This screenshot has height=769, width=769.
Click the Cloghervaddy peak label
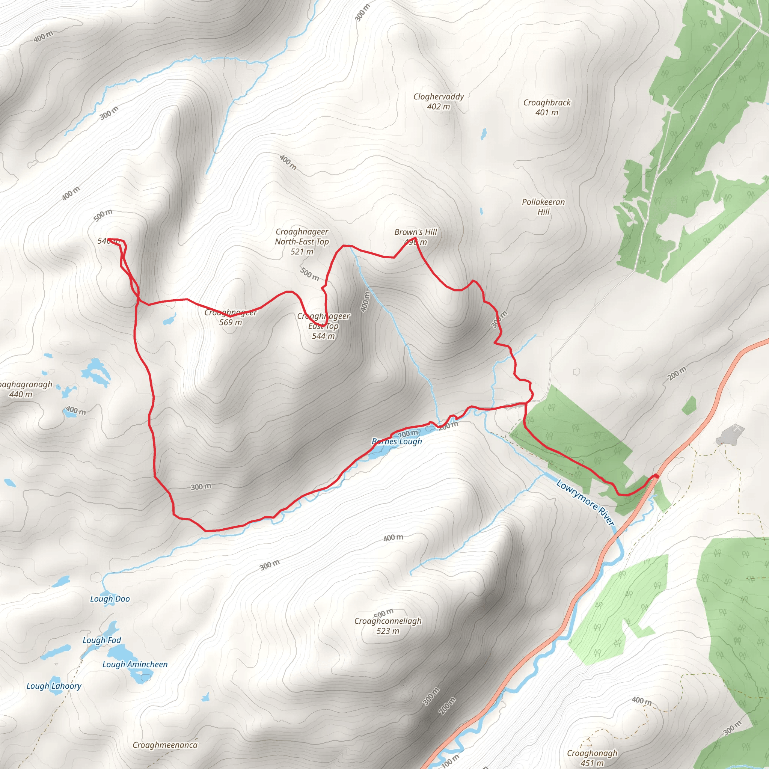click(x=438, y=97)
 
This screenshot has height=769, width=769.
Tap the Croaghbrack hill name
click(x=546, y=103)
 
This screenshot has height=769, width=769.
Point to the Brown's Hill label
click(x=415, y=232)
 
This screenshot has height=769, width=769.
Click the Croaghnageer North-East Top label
click(x=302, y=241)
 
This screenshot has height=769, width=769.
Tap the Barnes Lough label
click(x=397, y=442)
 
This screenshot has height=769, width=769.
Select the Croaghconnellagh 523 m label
click(x=388, y=626)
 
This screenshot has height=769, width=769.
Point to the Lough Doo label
click(x=110, y=599)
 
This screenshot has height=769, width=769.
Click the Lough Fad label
click(x=101, y=641)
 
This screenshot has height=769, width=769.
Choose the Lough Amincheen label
click(x=135, y=664)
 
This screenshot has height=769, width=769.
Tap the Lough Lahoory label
click(x=54, y=686)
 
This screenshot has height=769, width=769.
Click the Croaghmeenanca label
click(x=165, y=745)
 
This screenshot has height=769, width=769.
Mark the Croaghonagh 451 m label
click(x=592, y=758)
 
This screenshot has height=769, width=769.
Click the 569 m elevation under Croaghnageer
click(x=231, y=323)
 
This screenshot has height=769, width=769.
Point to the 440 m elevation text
click(x=21, y=395)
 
